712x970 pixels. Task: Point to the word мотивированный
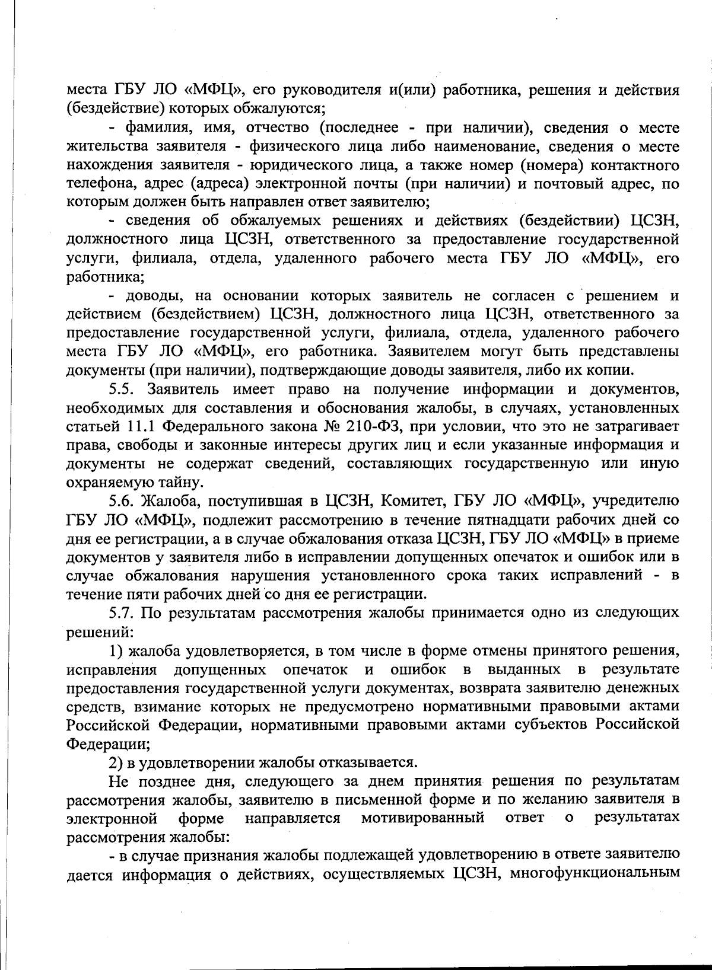423,818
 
